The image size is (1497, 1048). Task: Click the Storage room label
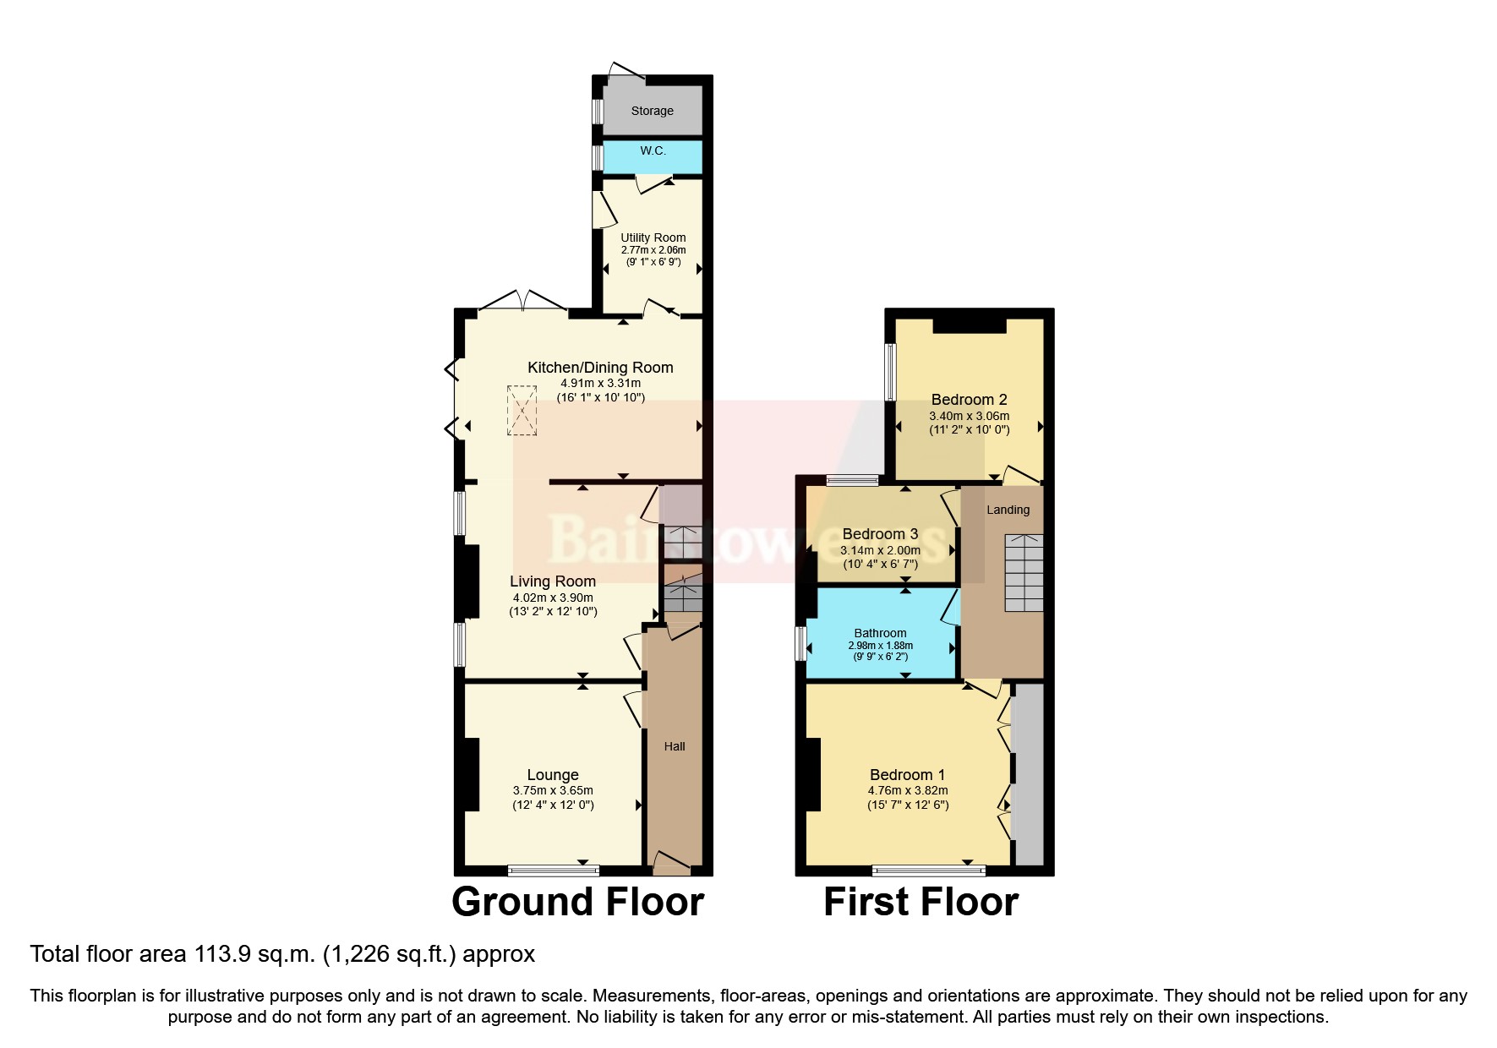click(652, 111)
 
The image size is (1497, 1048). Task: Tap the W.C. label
click(653, 150)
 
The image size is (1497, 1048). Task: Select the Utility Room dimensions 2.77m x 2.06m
click(653, 250)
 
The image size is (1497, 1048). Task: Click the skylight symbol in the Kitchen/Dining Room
click(522, 411)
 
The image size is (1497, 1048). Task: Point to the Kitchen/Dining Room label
click(600, 368)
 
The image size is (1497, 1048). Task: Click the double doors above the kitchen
click(522, 302)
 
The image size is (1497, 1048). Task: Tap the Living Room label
click(553, 581)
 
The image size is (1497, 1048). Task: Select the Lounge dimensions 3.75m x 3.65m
click(553, 791)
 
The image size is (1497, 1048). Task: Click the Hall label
click(675, 746)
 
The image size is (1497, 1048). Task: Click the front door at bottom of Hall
click(672, 862)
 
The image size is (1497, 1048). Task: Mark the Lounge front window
click(554, 870)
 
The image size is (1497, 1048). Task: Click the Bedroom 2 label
click(969, 400)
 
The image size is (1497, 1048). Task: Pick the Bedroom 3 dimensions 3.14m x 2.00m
click(880, 550)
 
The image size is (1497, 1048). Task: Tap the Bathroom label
click(880, 633)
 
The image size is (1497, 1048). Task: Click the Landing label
click(1008, 510)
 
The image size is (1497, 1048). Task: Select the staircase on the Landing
click(1023, 572)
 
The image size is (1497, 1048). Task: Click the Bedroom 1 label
click(907, 775)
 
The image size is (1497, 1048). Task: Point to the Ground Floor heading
click(577, 902)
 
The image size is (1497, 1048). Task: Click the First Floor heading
click(921, 902)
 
